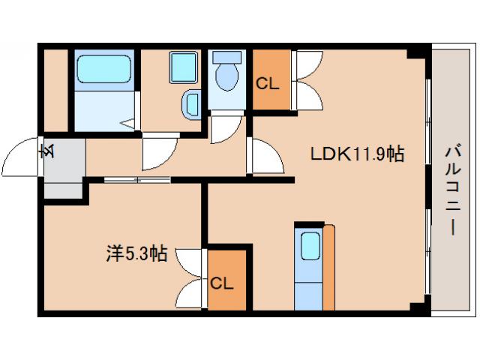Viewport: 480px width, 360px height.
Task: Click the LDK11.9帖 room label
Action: (358, 154)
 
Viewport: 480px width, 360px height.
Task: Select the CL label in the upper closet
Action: (268, 83)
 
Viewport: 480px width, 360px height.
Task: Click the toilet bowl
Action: (226, 75)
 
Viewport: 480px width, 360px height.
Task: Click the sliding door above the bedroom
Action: (136, 180)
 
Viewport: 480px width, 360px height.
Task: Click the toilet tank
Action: (226, 57)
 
